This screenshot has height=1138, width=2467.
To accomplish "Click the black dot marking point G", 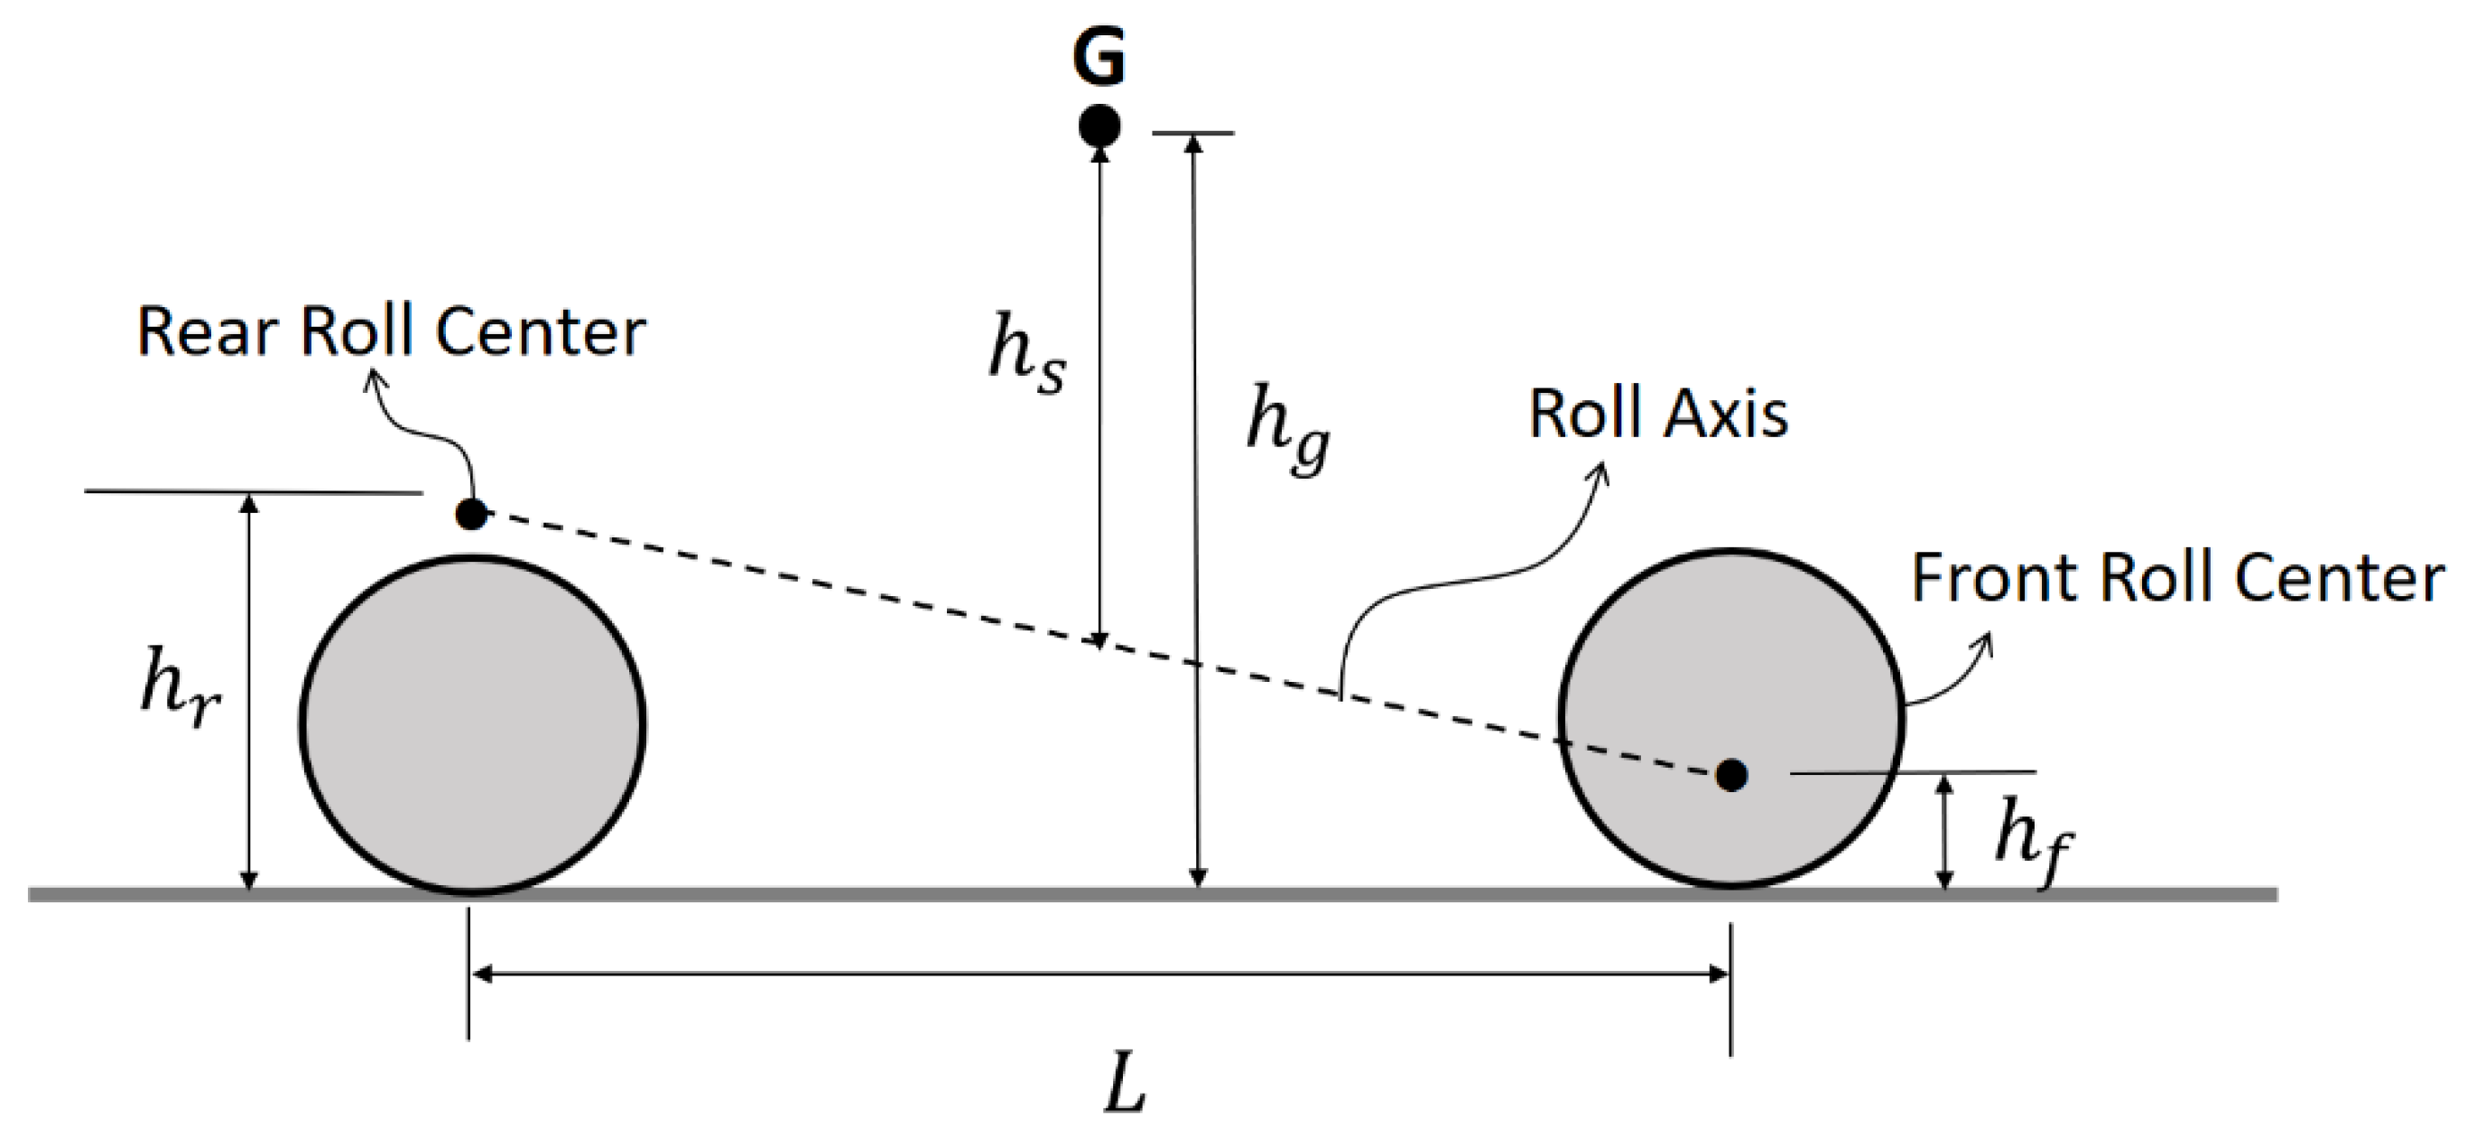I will coord(1099,126).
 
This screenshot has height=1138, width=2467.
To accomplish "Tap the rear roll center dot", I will coord(470,513).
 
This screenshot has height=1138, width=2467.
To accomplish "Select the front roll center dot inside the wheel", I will coord(1730,774).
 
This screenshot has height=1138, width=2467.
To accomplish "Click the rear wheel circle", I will coord(472,725).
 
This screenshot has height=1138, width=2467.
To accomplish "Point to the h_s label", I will coord(1025,353).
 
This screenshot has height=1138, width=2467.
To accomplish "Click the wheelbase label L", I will coord(1126,1087).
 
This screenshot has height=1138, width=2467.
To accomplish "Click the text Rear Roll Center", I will coord(391,331).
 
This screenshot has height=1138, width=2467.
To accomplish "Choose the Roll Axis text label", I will coord(1657,414).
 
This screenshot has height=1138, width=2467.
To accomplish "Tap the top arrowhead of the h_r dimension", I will coord(248,502).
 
